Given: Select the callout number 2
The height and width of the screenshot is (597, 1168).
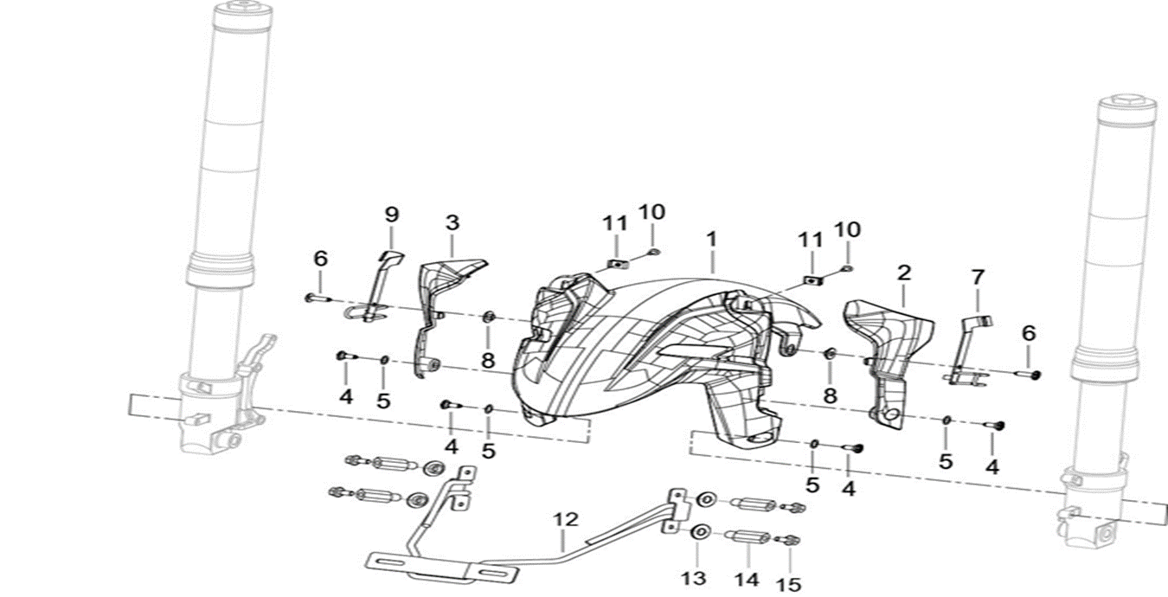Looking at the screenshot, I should click(904, 273).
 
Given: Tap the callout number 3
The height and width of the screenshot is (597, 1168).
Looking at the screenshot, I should click(452, 222).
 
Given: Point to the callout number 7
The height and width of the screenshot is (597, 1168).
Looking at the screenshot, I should click(978, 278).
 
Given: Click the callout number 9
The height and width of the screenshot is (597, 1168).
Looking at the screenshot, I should click(391, 214).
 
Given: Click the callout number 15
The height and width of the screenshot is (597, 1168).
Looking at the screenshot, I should click(789, 585).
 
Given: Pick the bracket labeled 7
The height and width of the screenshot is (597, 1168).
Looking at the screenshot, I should click(965, 346).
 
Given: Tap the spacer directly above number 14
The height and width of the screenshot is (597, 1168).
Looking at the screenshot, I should click(747, 537).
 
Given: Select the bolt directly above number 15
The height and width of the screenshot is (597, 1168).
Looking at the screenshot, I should click(787, 540).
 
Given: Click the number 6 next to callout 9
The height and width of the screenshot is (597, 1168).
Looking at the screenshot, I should click(321, 258).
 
